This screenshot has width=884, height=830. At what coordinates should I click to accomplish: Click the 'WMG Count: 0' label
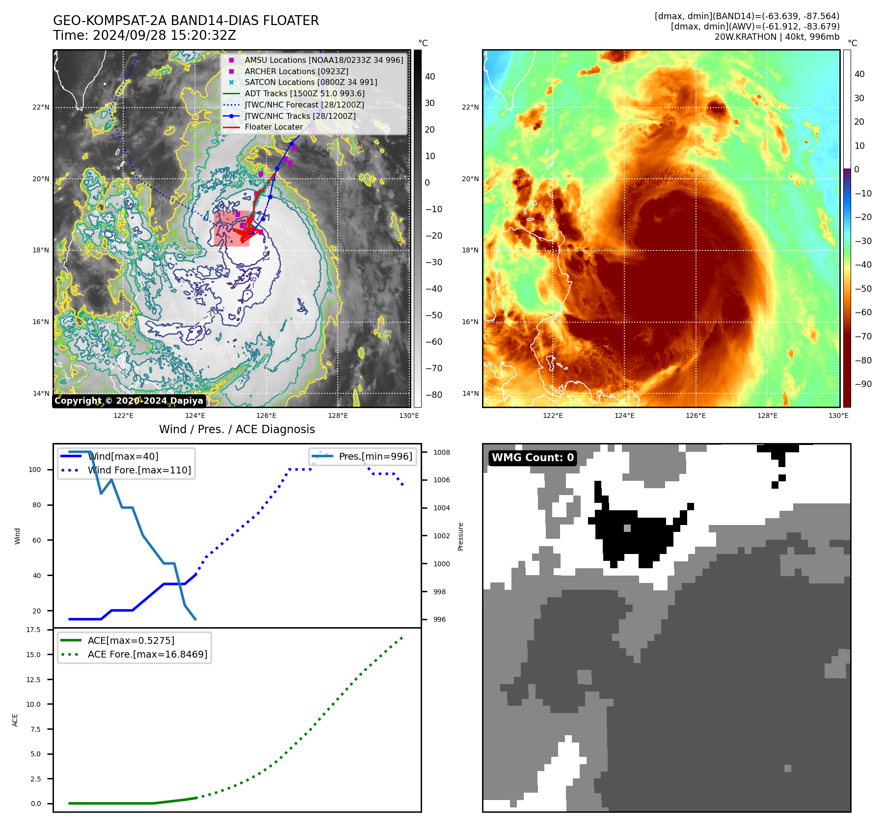click(533, 458)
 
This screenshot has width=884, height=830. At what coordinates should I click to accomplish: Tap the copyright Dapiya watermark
click(129, 401)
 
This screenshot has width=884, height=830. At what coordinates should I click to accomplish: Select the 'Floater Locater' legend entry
click(273, 127)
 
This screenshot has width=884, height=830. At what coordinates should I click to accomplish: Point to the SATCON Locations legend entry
click(311, 82)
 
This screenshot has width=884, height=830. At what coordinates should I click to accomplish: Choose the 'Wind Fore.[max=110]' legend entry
click(139, 470)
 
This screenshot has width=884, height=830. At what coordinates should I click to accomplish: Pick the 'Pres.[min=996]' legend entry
click(375, 456)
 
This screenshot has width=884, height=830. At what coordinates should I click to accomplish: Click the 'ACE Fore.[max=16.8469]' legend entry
click(147, 654)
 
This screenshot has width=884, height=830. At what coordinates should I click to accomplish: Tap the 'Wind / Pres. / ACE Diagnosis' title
click(237, 429)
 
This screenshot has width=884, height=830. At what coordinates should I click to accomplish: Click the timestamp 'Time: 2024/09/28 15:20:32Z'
click(145, 35)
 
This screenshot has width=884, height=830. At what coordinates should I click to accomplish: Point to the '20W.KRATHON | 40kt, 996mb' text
click(777, 37)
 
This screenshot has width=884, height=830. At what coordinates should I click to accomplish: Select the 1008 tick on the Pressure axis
click(441, 452)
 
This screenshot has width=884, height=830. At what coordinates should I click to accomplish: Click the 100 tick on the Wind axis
click(35, 470)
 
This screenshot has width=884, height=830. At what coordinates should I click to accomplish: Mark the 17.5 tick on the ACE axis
click(33, 630)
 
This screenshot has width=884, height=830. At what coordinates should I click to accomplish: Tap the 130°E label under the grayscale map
click(409, 415)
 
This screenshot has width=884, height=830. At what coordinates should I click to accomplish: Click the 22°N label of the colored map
click(470, 107)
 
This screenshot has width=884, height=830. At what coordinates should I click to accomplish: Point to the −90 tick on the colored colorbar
click(863, 384)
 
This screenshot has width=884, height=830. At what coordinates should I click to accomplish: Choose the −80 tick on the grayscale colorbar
click(433, 395)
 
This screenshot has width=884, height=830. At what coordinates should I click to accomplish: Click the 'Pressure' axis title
click(460, 536)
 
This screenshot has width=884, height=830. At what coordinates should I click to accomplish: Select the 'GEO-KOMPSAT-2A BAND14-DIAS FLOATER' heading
click(186, 21)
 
